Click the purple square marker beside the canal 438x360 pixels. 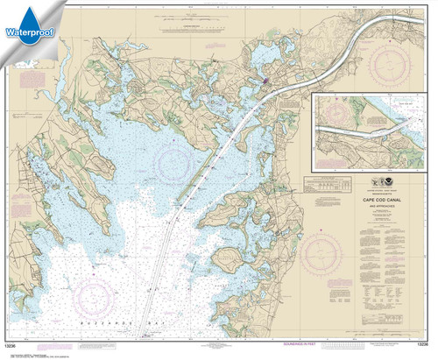coord(265,81)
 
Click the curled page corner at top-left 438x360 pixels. coord(7,7)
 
